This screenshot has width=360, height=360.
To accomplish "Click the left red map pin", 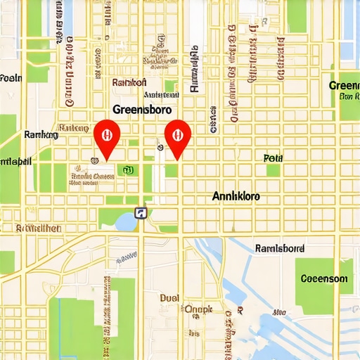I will (106, 134).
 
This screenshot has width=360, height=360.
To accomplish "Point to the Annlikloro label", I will (236, 197).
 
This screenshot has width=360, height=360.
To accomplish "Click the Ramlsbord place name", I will (279, 248).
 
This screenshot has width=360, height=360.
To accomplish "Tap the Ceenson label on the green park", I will (323, 278).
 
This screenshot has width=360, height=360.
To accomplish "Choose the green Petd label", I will (272, 158).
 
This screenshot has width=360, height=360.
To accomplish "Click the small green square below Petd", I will (273, 170).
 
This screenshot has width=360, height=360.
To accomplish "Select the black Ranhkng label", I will (40, 134).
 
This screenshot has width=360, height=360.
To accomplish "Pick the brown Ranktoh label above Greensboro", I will (129, 82).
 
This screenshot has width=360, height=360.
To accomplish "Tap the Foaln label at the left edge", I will (11, 77).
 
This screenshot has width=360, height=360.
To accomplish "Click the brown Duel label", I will (169, 297).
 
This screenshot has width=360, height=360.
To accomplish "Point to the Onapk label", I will (198, 308).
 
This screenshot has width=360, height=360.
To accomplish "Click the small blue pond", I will (125, 221).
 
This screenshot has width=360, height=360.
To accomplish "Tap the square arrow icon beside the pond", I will (141, 213).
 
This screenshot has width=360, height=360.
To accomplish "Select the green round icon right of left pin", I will (127, 169).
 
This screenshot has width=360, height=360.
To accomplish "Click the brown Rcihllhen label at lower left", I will (39, 228).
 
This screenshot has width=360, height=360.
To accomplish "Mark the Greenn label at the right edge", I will (345, 85).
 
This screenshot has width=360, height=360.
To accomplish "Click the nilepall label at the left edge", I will (15, 161).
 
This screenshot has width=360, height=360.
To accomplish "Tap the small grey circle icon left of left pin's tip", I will (92, 159).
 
